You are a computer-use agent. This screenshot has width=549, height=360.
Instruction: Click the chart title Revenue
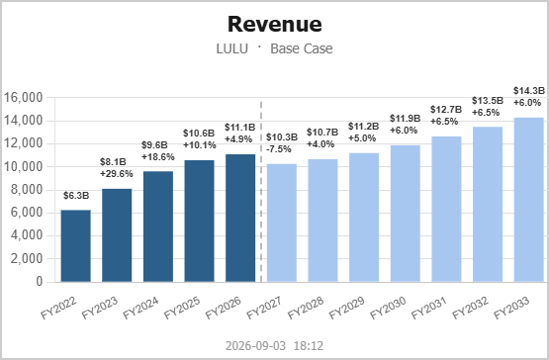pos(275,24)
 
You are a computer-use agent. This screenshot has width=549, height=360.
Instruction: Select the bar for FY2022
pos(75,246)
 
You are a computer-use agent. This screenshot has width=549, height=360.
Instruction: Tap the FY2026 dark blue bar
pos(240,219)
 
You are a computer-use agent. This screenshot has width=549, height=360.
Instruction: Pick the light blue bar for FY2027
pos(282,223)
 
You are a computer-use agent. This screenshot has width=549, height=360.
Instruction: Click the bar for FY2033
pos(528,200)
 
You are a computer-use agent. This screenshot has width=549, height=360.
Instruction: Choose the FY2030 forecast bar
pos(406,214)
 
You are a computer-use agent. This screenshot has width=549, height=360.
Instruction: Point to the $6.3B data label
pos(76,196)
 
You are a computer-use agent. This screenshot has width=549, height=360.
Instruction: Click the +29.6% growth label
pos(117,174)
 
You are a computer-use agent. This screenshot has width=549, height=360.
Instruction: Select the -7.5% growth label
pos(279,149)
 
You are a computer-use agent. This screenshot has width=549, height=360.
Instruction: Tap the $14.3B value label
pos(529,91)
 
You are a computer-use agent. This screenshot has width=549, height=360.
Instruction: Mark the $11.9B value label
pos(406,119)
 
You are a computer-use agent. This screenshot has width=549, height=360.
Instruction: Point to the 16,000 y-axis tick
pos(23,97)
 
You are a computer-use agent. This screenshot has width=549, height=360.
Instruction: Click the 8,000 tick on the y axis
pos(27,190)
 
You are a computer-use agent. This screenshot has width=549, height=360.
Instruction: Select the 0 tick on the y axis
pos(40,282)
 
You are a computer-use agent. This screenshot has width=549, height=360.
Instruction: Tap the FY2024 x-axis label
pos(140,309)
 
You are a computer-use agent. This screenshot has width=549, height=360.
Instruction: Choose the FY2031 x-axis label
pos(429,309)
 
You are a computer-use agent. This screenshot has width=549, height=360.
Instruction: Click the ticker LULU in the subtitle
pos(232,48)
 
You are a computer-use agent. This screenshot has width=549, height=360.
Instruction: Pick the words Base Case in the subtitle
pos(302,48)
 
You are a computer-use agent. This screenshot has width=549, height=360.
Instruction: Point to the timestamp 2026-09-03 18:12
pos(275,346)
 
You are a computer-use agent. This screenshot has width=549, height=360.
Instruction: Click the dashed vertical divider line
pos(261,192)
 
